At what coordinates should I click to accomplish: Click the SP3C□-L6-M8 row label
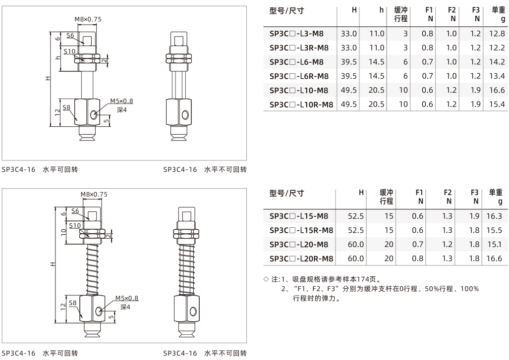pos(296,62)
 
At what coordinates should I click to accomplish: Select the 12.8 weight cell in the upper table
pos(497,33)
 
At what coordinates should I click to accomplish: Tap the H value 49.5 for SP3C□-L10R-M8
pos(348,104)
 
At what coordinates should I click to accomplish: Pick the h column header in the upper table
pos(382,10)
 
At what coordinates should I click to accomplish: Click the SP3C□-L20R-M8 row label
pos(301,258)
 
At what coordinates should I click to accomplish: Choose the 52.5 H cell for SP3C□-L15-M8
pos(356,216)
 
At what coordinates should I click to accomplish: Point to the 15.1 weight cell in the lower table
pos(495,244)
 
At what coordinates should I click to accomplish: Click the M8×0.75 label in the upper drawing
pos(88,19)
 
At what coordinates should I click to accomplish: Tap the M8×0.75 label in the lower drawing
pos(94,194)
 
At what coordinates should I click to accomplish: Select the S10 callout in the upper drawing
pos(69,51)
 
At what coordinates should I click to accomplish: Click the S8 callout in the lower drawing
pos(73,303)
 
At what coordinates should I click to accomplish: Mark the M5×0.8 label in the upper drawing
pos(121,101)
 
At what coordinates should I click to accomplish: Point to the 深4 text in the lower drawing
pos(125,307)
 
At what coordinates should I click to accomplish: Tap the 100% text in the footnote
pos(469,289)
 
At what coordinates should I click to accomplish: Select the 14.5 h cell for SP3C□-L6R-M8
pos(376,76)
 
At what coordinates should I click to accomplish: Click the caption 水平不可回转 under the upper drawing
pos(226,169)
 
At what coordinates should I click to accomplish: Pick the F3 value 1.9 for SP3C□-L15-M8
pos(475,216)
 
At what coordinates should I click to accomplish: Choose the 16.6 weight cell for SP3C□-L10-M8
pos(497,90)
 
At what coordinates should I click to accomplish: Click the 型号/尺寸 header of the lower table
pos(286,193)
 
